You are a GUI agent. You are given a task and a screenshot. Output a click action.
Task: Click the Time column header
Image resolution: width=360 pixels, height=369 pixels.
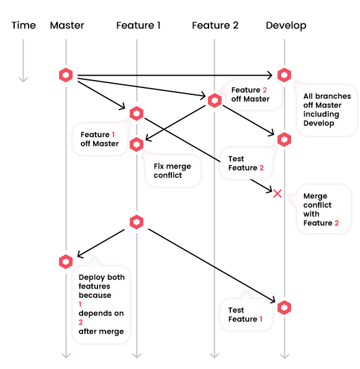point(24,25)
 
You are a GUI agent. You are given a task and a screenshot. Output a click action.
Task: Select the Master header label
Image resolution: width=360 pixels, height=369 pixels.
point(66,25)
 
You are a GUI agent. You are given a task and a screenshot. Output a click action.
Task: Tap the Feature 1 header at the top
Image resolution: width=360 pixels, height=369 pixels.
point(138,25)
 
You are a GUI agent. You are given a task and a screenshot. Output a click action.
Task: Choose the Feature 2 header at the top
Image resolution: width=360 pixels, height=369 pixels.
point(215,25)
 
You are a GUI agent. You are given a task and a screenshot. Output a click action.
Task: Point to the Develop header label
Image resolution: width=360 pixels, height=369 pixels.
point(286,25)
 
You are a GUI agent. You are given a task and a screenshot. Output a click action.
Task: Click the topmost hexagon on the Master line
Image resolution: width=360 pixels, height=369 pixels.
point(66,75)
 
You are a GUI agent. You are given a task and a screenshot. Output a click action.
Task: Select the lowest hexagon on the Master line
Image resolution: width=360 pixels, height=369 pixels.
point(66,261)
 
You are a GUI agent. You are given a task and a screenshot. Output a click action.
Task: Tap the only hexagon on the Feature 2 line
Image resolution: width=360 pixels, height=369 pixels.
point(215,100)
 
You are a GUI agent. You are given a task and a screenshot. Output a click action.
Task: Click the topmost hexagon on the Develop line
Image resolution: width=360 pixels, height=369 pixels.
point(284,75)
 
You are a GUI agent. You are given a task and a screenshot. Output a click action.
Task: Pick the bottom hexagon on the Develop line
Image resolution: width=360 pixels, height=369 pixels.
point(284,307)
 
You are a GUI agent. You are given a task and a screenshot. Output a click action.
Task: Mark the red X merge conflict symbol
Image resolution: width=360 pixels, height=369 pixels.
point(277,193)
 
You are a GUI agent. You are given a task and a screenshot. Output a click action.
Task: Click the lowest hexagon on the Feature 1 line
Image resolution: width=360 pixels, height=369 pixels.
point(137,222)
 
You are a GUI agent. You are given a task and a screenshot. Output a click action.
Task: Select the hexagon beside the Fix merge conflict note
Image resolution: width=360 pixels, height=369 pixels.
point(137,144)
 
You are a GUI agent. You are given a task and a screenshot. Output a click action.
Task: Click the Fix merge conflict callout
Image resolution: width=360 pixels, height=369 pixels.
point(173,171)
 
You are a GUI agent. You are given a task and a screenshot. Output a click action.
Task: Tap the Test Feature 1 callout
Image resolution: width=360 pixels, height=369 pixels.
point(245,314)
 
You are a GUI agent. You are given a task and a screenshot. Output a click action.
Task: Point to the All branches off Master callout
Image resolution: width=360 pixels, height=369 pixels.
point(326,110)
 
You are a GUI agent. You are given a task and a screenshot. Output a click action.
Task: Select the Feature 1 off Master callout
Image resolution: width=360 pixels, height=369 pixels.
point(99,139)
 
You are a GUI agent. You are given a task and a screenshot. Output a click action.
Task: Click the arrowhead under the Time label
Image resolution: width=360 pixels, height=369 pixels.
point(24,78)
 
